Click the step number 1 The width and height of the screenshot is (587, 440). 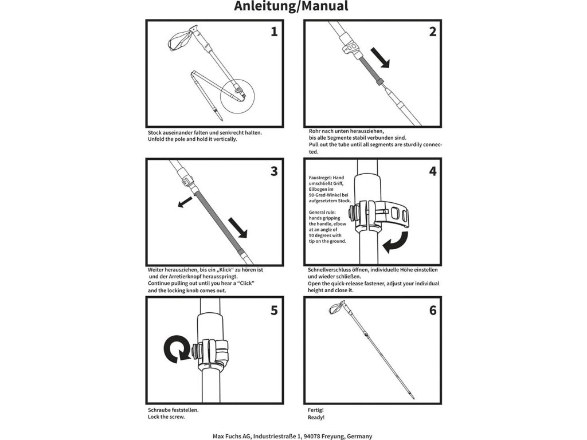[x=274, y=32]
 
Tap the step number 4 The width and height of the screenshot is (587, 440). [x=432, y=171]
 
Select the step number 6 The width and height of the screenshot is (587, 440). [x=432, y=310]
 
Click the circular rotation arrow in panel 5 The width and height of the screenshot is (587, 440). [x=176, y=349]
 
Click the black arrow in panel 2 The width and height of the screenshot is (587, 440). [x=379, y=58]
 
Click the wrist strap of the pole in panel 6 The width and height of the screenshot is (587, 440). [x=337, y=310]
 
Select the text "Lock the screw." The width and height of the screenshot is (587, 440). [x=166, y=417]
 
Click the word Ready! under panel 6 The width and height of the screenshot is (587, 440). [x=316, y=417]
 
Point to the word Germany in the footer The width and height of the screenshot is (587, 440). [x=357, y=436]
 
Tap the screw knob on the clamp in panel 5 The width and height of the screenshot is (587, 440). [x=197, y=351]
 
